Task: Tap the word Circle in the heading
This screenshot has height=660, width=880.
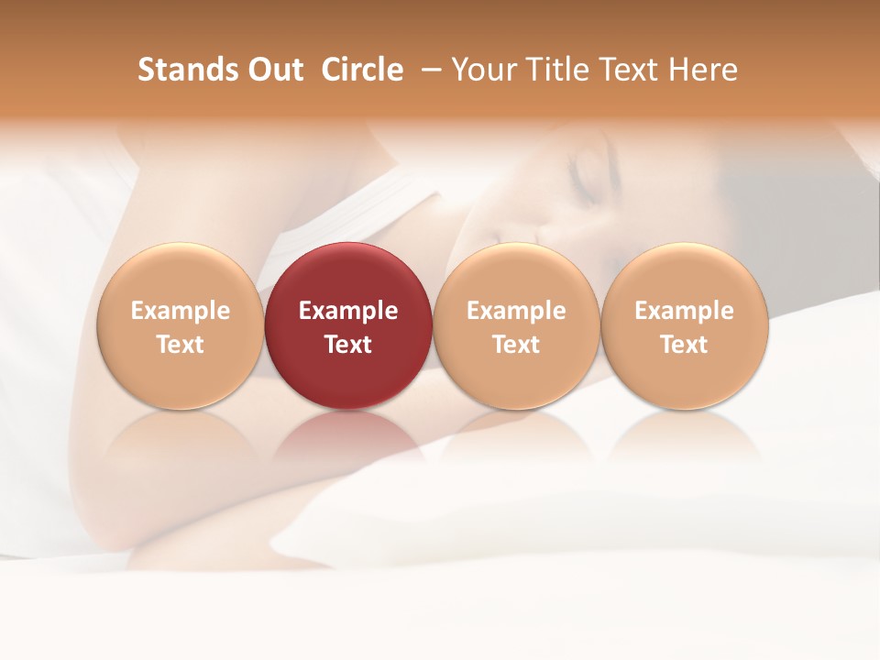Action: pos(362,70)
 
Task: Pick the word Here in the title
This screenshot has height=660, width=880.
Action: pos(703,70)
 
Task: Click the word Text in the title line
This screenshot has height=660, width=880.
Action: pos(631,70)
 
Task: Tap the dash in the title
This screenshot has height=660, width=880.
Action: pos(427,70)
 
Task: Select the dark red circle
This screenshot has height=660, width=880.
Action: pos(348,325)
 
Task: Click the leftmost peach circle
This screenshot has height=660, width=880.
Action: pos(180,325)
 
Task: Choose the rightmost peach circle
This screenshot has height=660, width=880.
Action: pos(684,325)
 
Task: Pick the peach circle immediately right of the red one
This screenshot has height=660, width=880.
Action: pos(516,325)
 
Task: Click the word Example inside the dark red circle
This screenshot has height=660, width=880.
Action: pos(348,311)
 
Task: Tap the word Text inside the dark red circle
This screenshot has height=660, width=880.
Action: pos(348,345)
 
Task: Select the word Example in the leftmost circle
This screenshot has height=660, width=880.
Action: pos(180,311)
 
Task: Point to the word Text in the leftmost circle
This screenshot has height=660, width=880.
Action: pos(180,345)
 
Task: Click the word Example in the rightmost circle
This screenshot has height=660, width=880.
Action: pos(684,311)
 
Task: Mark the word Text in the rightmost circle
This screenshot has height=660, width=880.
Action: pos(684,345)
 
